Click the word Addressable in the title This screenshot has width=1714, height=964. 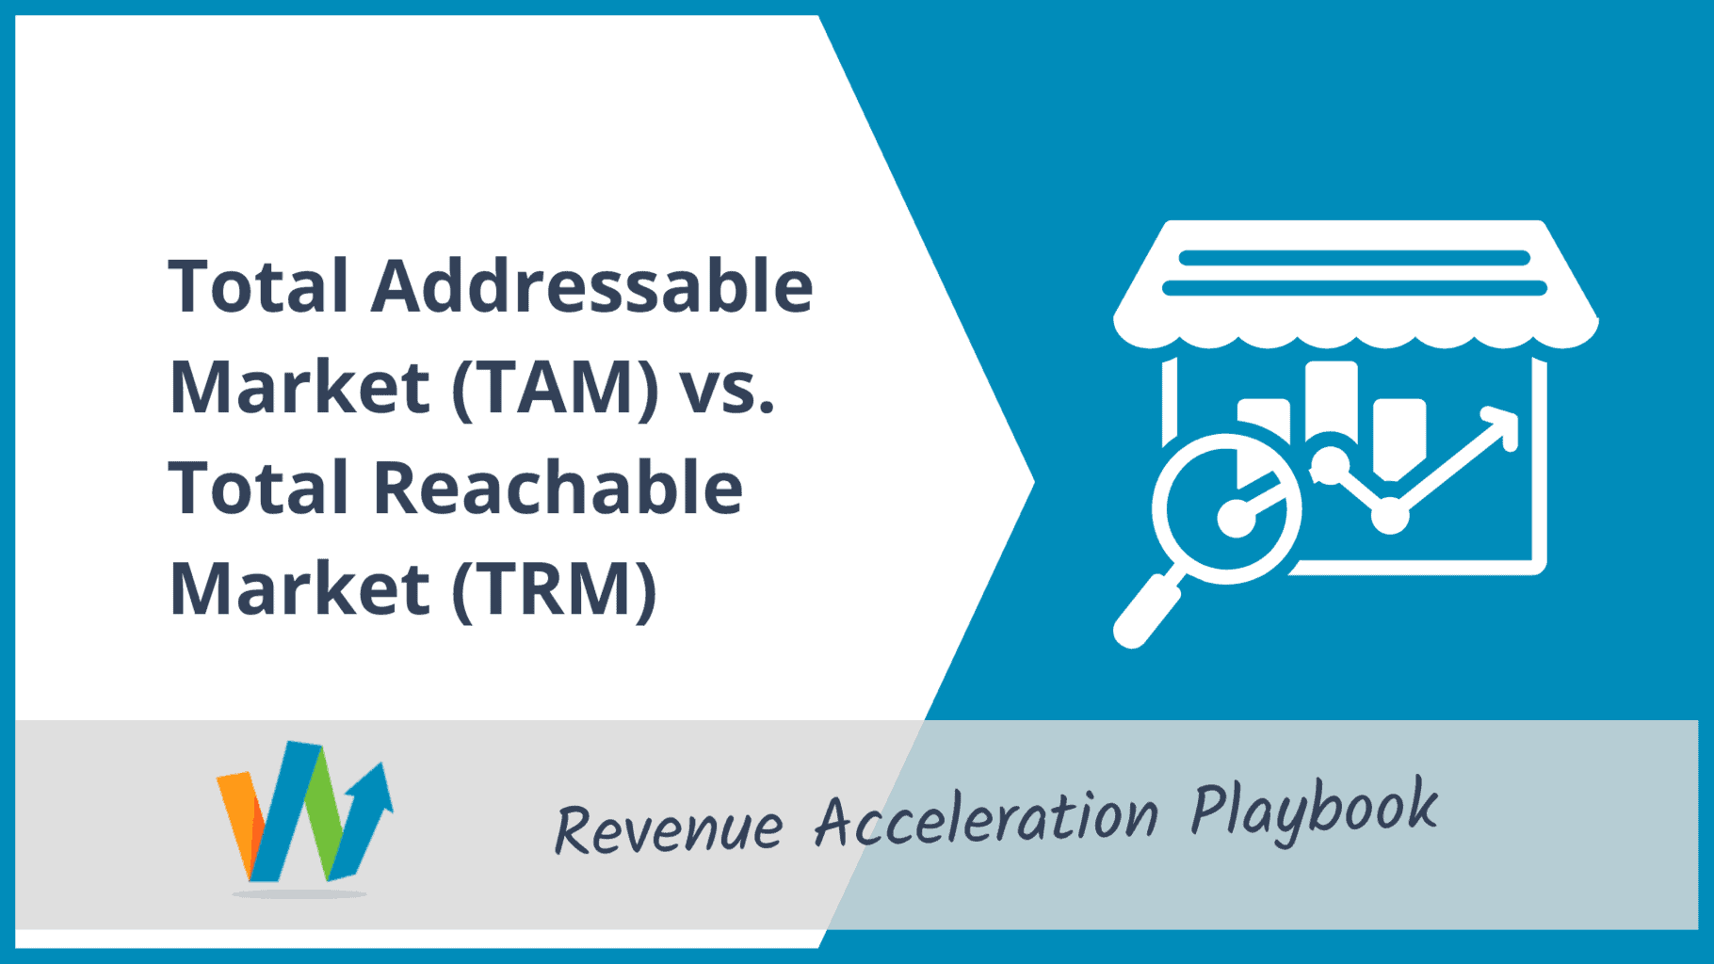point(592,285)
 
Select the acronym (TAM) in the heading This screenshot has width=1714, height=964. point(556,387)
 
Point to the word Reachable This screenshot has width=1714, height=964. point(558,488)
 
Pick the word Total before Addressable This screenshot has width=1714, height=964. point(259,285)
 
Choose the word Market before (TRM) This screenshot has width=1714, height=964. point(299,588)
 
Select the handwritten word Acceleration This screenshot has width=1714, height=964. point(986,815)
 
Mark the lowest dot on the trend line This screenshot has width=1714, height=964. point(1389,515)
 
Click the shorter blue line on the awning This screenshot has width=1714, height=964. point(1354,258)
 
